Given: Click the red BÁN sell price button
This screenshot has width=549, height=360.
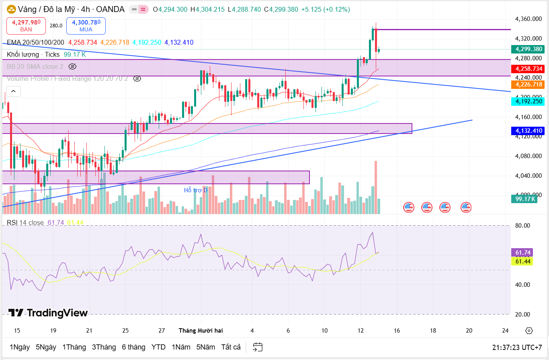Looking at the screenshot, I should [x=27, y=26].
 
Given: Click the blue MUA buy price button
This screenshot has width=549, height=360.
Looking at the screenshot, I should [x=86, y=26].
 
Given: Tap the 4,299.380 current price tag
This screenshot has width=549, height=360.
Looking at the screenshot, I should [x=527, y=49].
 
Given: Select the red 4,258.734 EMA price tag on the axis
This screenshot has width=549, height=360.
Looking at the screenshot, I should [x=527, y=69].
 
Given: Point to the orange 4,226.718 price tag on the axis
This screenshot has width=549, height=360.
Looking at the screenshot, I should [x=527, y=84].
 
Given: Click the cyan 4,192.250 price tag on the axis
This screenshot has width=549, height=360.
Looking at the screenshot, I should [x=527, y=102].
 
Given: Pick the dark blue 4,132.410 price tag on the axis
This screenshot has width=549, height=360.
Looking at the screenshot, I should [x=527, y=131].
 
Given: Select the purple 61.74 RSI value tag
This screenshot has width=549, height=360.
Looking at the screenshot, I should [x=522, y=253].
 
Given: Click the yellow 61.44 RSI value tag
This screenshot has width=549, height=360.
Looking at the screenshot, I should [x=522, y=261].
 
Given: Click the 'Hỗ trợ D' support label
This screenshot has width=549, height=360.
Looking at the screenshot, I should [x=196, y=190].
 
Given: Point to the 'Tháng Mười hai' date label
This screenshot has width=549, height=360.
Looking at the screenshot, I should [x=201, y=331].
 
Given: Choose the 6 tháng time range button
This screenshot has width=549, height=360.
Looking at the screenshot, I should [x=133, y=347].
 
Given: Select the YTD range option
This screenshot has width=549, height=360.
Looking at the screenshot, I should [x=158, y=347].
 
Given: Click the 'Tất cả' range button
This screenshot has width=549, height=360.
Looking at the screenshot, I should [x=231, y=347].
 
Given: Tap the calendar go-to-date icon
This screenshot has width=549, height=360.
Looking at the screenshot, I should [x=258, y=347].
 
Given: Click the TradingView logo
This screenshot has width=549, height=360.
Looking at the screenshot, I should [x=48, y=313].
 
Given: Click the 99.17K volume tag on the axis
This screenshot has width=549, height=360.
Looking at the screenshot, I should [x=525, y=199].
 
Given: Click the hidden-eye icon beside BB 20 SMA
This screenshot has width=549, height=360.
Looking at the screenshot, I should [x=72, y=66].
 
